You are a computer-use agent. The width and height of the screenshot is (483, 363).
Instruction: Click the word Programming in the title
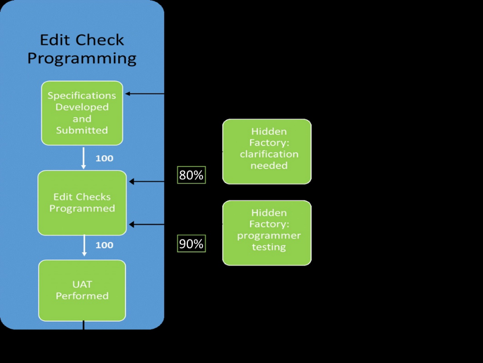[x=81, y=59]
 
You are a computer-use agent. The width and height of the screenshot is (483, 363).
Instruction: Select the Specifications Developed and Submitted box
[x=82, y=113]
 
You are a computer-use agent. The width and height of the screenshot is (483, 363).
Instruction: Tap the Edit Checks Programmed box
[x=82, y=203]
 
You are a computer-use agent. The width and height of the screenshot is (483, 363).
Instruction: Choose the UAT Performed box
[x=82, y=290]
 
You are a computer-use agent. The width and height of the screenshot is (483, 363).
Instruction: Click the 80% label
[x=191, y=175]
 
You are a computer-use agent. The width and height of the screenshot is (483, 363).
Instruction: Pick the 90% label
[x=191, y=244]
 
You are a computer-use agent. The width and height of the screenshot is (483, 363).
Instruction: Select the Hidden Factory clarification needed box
[x=267, y=151]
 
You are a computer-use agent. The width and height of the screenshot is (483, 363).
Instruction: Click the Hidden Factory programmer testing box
[x=267, y=233]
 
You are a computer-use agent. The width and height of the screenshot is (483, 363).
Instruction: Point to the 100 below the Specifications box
[x=104, y=158]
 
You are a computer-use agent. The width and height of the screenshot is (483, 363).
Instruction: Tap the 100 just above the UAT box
[x=104, y=245]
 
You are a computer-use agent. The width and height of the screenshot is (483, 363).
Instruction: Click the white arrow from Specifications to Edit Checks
[x=83, y=158]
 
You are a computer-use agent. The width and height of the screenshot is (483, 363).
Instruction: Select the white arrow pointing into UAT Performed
[x=84, y=246]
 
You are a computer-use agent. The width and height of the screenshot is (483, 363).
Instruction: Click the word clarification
[x=269, y=154]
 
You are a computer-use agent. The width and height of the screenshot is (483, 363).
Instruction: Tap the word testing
[x=268, y=247]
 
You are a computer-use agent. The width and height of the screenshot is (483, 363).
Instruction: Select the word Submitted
[x=82, y=130]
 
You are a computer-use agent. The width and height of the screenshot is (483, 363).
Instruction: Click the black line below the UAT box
[x=83, y=325]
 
